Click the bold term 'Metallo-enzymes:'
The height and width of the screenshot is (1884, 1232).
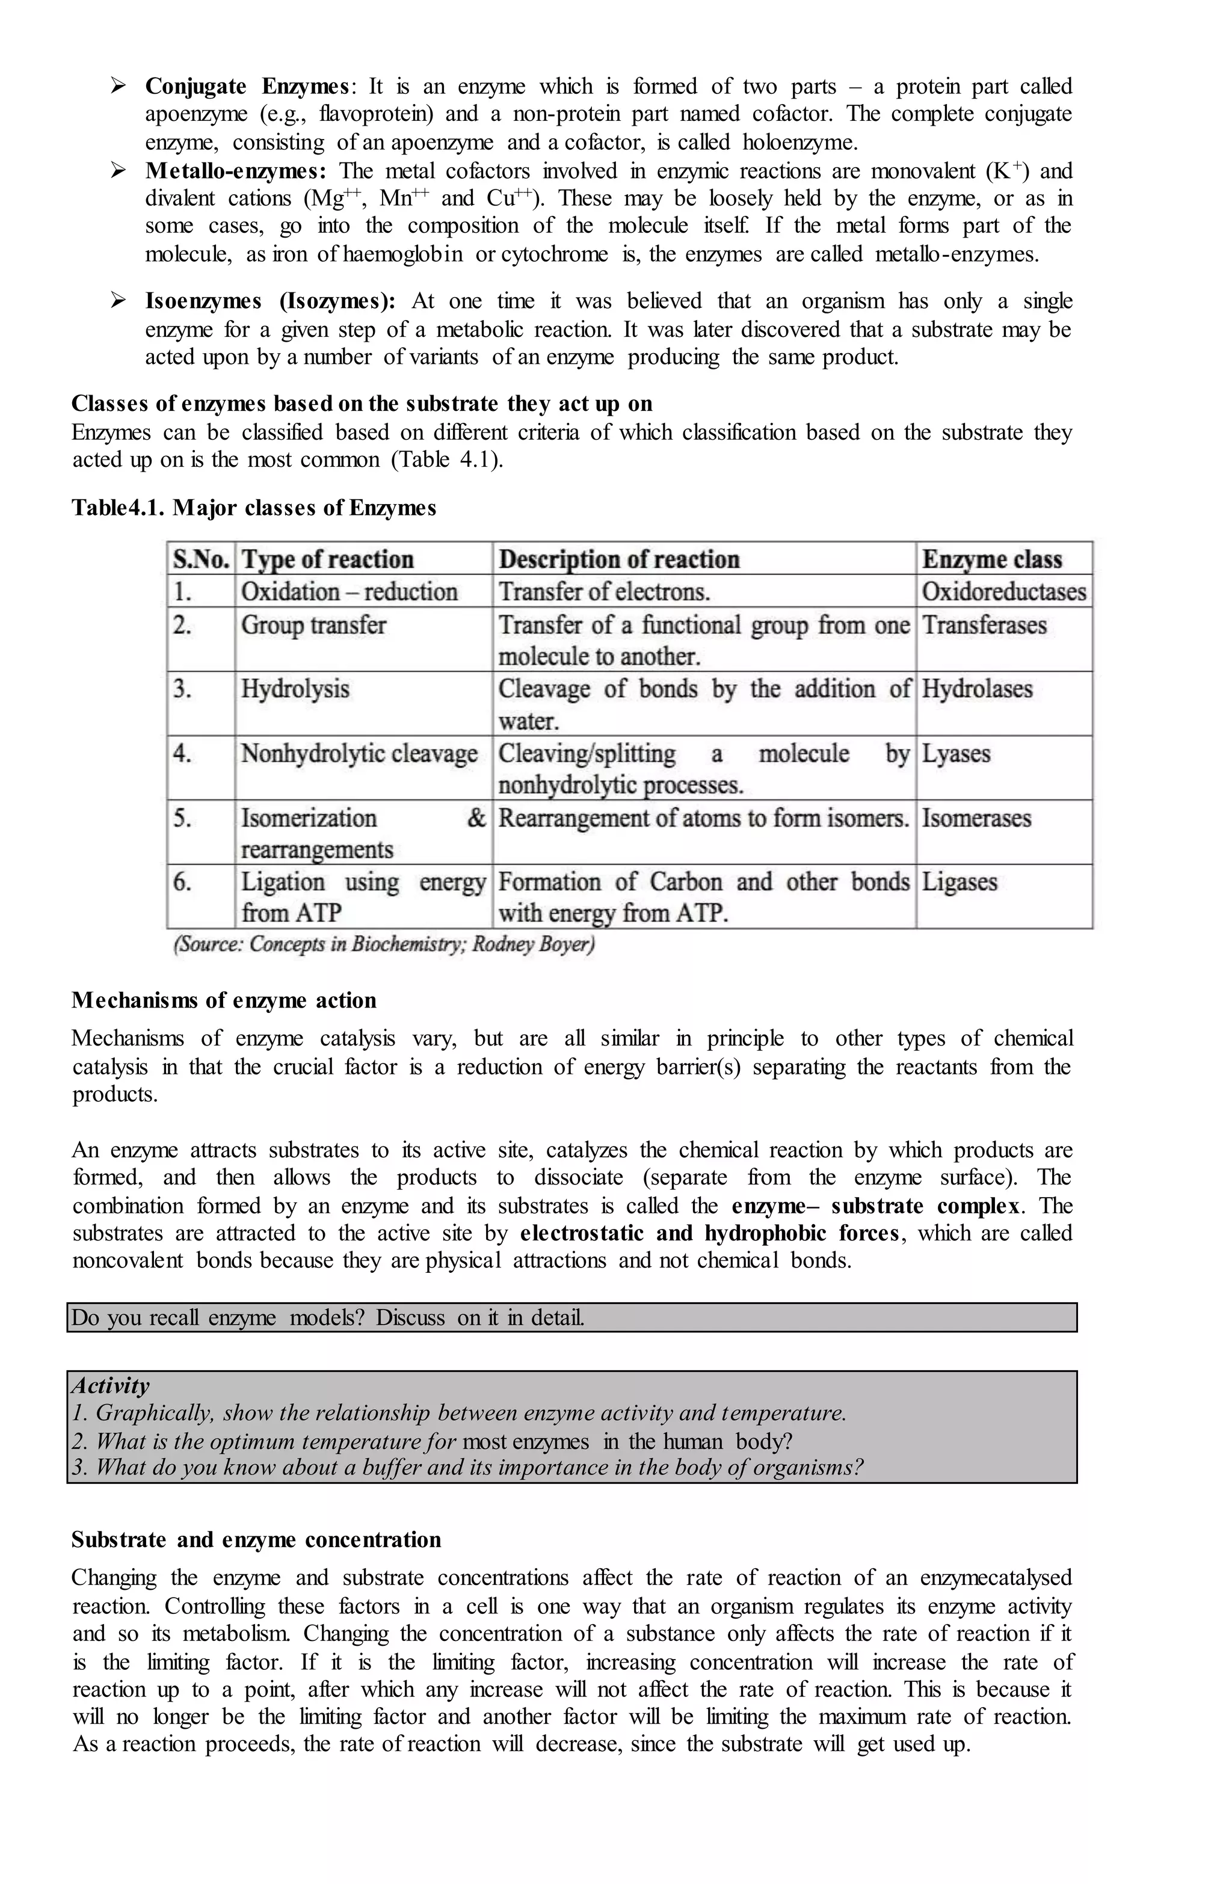235,171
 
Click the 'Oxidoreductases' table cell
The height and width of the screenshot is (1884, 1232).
1003,591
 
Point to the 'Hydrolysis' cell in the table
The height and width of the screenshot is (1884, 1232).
295,689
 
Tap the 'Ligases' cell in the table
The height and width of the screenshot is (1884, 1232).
959,881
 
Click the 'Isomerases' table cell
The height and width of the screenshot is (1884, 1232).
976,817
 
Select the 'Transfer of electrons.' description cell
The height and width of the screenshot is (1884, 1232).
603,591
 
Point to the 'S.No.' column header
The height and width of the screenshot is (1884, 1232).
200,559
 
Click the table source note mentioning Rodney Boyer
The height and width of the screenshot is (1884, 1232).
384,944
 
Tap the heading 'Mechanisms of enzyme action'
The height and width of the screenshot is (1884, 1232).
223,1000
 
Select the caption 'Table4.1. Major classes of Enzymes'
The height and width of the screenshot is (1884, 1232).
253,508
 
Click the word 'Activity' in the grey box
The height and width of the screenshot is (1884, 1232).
110,1385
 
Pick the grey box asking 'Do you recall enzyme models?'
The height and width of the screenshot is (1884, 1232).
571,1317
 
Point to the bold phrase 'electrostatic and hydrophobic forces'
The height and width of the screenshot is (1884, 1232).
709,1233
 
